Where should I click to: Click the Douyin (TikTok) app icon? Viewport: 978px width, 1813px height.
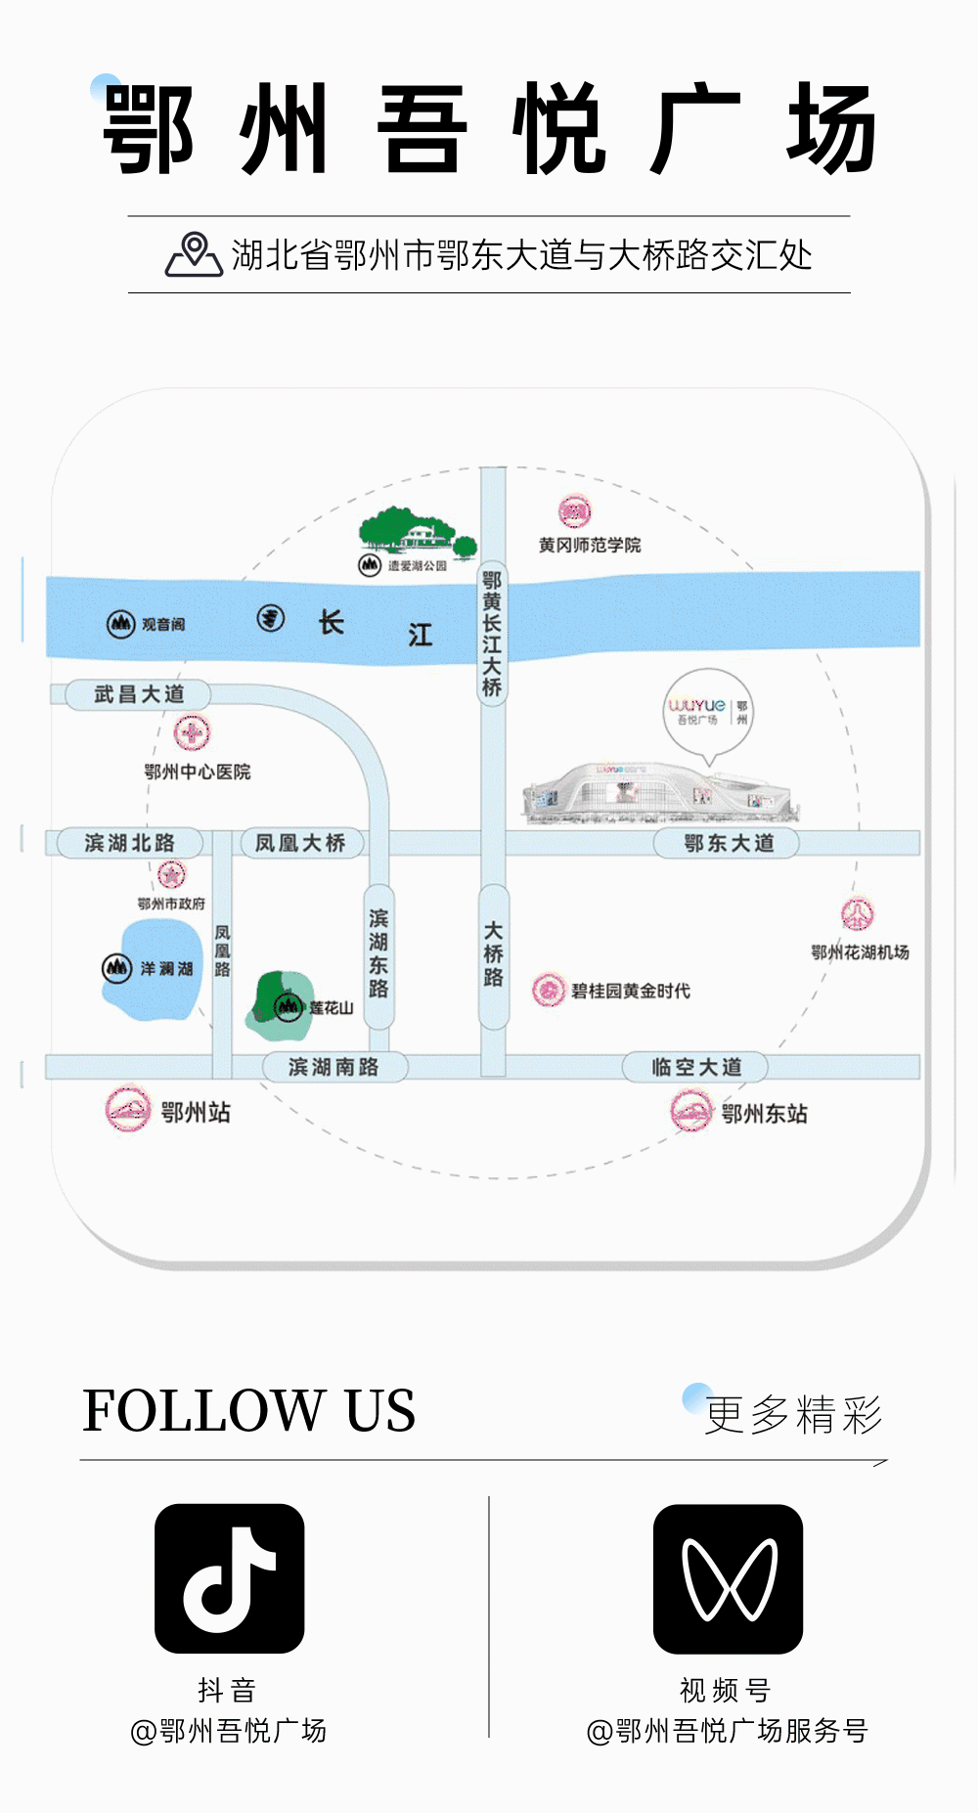pos(229,1577)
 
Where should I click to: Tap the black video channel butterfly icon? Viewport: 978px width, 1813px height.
pos(728,1577)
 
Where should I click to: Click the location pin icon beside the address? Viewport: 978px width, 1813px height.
pos(194,255)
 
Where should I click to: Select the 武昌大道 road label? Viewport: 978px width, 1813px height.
pos(139,694)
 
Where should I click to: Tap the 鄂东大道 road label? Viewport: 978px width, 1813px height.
pos(728,843)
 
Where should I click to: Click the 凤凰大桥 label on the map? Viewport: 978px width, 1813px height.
pos(300,843)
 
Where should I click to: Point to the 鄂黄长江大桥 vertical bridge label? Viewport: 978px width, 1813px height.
pos(492,634)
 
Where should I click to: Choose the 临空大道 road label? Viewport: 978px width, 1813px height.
pos(696,1067)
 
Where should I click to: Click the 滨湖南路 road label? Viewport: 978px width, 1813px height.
pos(333,1067)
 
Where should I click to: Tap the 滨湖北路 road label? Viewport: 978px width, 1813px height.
pos(129,843)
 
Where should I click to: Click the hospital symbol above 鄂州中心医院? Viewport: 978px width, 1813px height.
pos(192,732)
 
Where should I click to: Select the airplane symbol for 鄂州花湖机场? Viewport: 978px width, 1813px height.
pos(858,914)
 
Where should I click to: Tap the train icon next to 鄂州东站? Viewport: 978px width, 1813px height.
pos(691,1112)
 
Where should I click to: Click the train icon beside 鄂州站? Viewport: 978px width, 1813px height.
pos(128,1110)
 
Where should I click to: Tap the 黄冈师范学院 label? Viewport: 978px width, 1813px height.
pos(590,545)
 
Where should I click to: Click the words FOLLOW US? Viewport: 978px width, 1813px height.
pos(248,1411)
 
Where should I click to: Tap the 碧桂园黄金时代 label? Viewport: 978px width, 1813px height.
pos(630,991)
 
